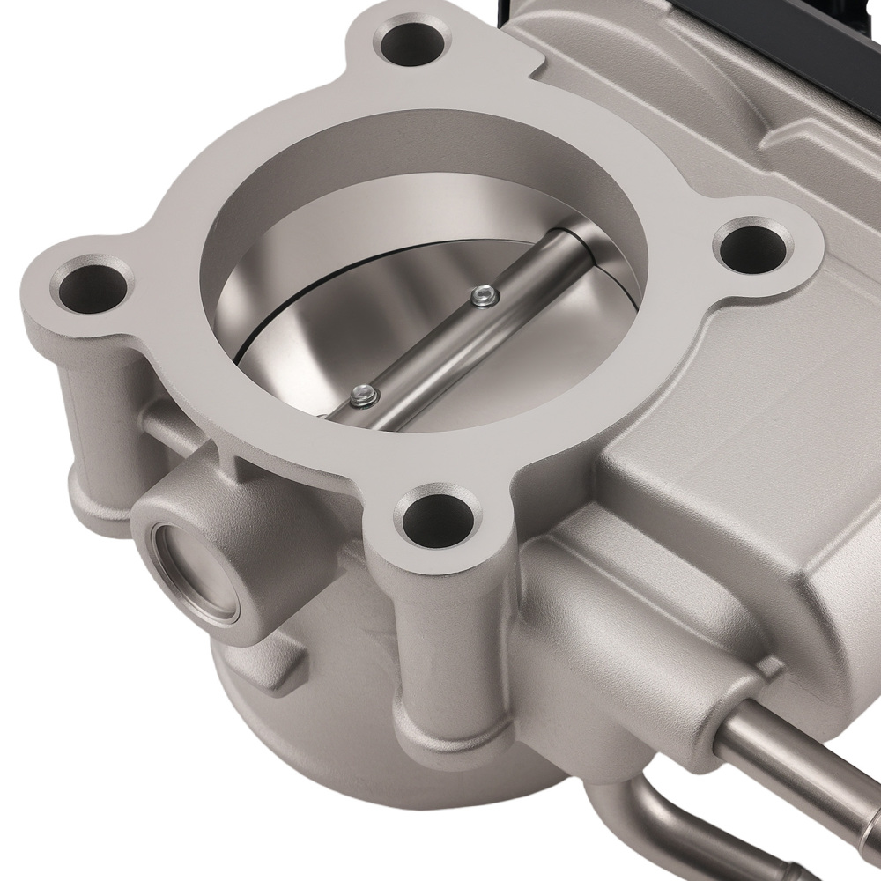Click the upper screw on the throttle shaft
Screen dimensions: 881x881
click(479, 299)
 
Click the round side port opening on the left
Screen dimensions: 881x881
click(196, 570)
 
